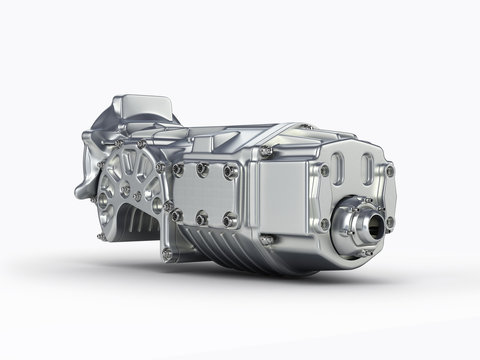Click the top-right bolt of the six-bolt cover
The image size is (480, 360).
pyautogui.click(x=231, y=172)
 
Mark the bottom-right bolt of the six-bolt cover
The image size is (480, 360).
pyautogui.click(x=229, y=220)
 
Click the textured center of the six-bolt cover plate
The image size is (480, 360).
pyautogui.click(x=204, y=193)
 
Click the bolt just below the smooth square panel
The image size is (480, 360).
pyautogui.click(x=267, y=240)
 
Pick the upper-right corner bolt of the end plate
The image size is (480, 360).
pyautogui.click(x=389, y=171)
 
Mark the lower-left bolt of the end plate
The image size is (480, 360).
pyautogui.click(x=325, y=224)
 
